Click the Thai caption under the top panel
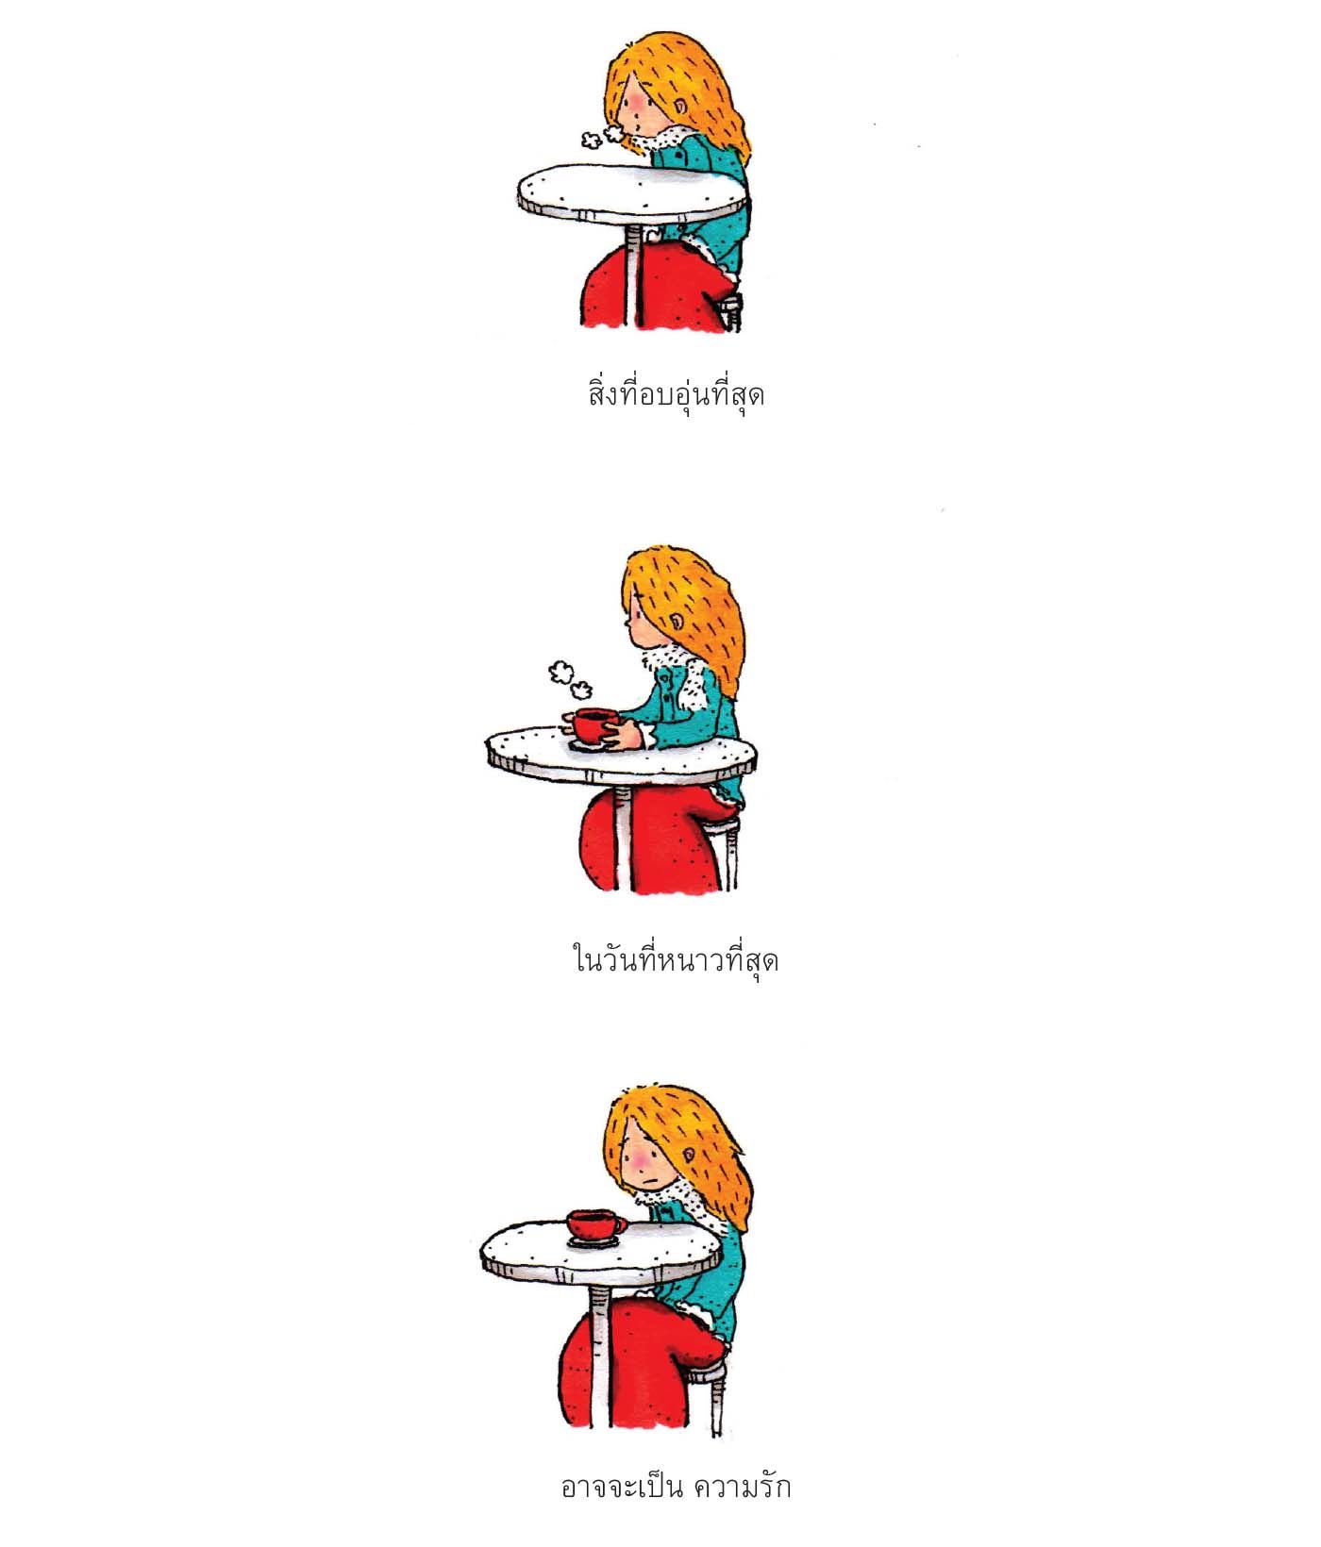676,392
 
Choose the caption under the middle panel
676,958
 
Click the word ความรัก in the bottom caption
743,1487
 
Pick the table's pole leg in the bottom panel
599,1358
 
